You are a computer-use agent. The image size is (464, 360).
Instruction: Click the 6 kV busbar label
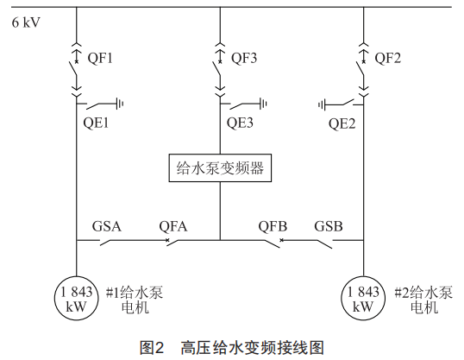click(26, 22)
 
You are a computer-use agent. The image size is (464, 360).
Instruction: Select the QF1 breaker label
click(100, 58)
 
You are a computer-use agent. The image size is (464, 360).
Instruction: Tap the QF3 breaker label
click(244, 58)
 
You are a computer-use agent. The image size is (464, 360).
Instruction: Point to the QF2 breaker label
click(387, 58)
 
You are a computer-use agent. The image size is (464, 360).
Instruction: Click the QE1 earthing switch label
click(96, 123)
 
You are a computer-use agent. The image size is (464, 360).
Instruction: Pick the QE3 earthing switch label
click(240, 123)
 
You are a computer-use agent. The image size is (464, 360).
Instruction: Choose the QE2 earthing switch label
click(342, 123)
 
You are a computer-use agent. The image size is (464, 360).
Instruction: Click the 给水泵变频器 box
click(220, 168)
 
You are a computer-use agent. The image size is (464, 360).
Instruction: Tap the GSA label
click(107, 226)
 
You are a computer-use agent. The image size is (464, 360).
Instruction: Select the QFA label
click(173, 227)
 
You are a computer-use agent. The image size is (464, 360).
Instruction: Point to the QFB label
click(273, 227)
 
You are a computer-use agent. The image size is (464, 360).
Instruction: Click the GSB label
click(329, 226)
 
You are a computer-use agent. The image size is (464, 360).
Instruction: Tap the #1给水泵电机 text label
click(135, 300)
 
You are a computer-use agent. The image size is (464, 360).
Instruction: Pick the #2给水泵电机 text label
click(423, 300)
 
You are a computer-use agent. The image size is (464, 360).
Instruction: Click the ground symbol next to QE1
click(120, 104)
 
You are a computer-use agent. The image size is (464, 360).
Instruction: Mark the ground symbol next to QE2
click(322, 104)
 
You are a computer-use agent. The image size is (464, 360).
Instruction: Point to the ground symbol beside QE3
click(263, 104)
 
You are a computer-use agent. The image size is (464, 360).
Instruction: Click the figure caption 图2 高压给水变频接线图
click(232, 348)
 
